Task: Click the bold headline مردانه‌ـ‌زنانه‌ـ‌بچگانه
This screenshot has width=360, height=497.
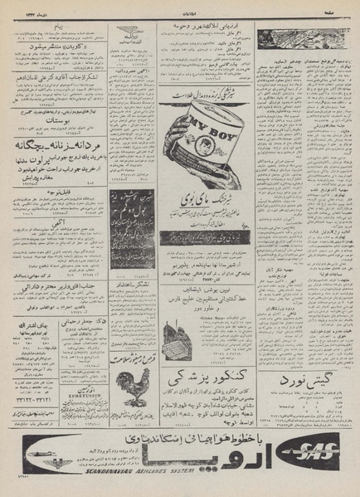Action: pyautogui.click(x=58, y=142)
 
